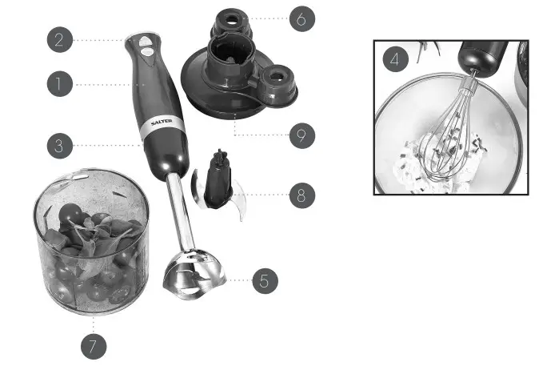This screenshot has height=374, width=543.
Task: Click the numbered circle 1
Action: (59, 83)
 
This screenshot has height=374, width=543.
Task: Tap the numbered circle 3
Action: (59, 146)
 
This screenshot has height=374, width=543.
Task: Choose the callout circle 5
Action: (265, 280)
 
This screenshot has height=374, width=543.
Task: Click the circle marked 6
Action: (301, 18)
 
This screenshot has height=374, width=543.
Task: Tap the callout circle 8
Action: (301, 194)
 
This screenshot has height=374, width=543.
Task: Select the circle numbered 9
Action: (301, 135)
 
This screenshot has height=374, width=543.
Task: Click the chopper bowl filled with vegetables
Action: (92, 240)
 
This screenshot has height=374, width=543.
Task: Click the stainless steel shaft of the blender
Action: (182, 216)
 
